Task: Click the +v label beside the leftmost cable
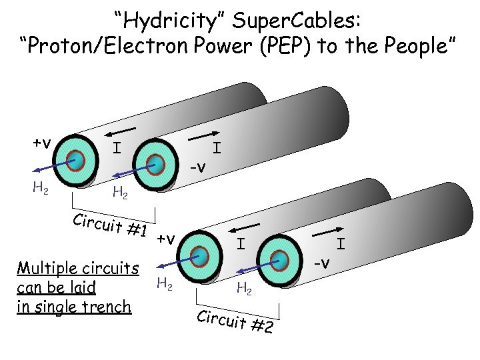click(43, 143)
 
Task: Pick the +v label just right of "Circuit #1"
click(167, 239)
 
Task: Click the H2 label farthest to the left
click(39, 189)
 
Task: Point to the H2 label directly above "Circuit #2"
click(243, 288)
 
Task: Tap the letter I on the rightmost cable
click(340, 244)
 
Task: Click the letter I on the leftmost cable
click(117, 146)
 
